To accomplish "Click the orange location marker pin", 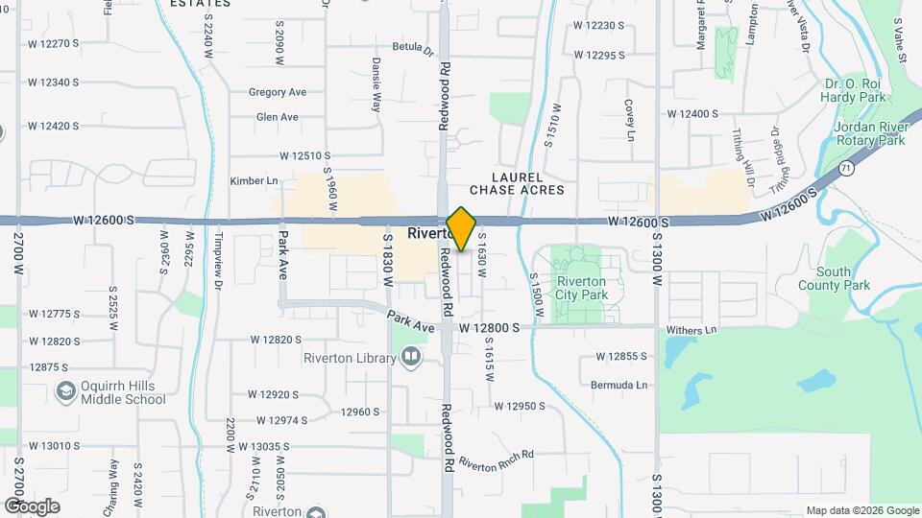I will pos(461,228).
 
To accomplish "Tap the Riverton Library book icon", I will pos(411,359).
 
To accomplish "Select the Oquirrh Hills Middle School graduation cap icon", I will pos(65,390).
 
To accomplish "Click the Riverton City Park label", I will pos(581,288).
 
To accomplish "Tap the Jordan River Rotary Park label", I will pos(869,133).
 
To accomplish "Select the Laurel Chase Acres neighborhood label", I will pos(517,184).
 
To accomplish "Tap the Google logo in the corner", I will pos(33,506).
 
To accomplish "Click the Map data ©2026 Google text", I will pos(862,510).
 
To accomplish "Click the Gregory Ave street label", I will pos(277,92).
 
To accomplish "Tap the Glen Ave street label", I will pos(277,117).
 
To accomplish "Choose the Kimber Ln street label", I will pos(254,180).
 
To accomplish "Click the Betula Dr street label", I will pos(413,46).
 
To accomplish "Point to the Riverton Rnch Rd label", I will pos(494,464).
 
